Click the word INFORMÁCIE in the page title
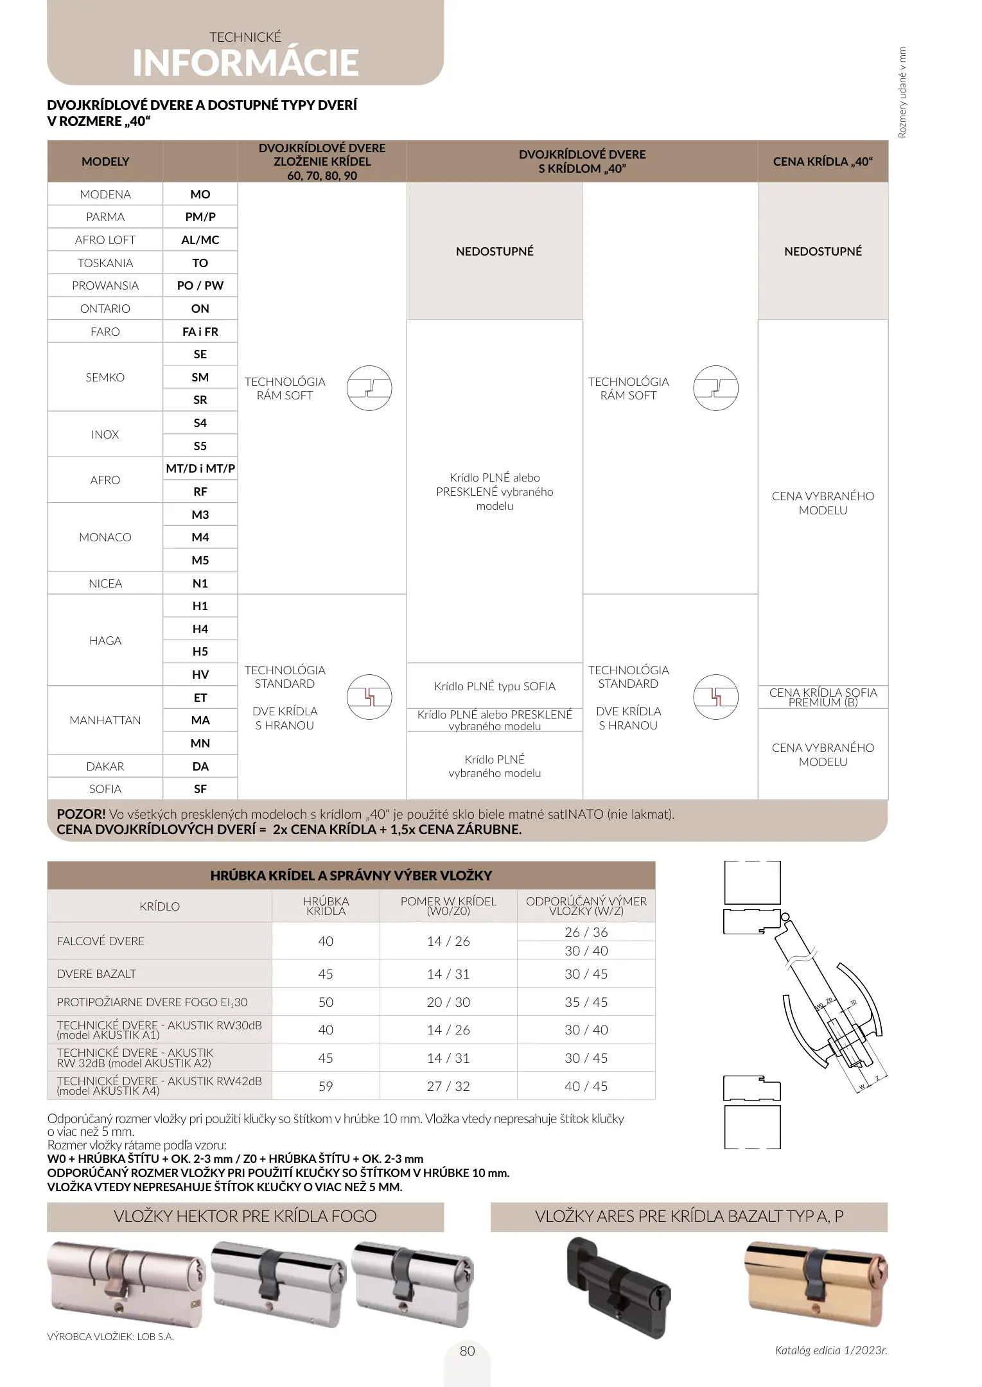(x=245, y=63)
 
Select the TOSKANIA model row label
(x=105, y=263)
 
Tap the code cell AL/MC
(x=200, y=240)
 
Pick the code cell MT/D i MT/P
(x=200, y=469)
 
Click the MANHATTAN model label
(x=105, y=720)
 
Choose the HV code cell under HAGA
(x=200, y=675)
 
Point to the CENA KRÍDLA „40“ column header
(x=823, y=162)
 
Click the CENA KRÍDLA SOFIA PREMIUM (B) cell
(x=823, y=697)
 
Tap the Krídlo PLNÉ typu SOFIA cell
(x=495, y=686)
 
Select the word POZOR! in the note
(x=81, y=814)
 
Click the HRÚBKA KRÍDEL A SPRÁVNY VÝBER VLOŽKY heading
(x=351, y=875)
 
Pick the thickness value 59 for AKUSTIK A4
(x=326, y=1086)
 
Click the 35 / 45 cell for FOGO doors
(x=586, y=1002)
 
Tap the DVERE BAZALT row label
(x=96, y=974)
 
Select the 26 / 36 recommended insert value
(x=586, y=932)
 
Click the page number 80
(x=468, y=1351)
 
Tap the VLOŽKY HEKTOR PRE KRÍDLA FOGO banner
(x=245, y=1216)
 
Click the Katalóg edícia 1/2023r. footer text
(x=831, y=1350)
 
